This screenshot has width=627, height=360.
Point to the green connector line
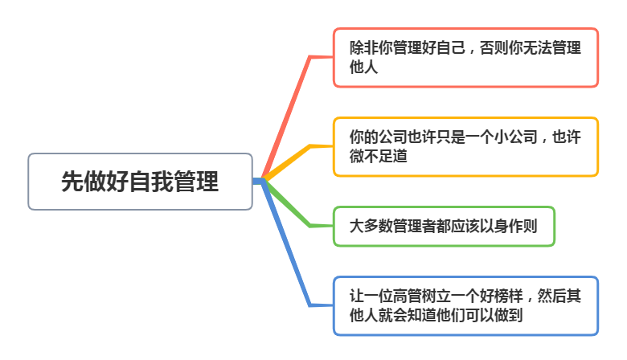[289, 206]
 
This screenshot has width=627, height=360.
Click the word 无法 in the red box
[553, 48]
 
